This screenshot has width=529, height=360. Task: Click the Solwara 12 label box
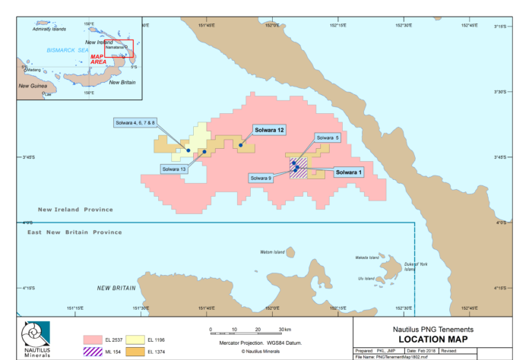tap(269, 131)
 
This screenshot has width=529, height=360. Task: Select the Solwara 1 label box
tap(350, 172)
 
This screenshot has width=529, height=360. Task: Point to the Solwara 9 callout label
tap(261, 178)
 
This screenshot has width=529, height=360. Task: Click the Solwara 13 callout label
tap(174, 169)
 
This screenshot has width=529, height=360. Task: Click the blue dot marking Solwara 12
tap(240, 145)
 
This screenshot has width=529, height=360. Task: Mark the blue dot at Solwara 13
tap(204, 153)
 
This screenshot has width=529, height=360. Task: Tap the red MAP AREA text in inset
tap(98, 58)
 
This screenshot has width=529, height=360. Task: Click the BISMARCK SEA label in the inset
tap(68, 49)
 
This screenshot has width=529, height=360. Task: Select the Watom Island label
tap(271, 251)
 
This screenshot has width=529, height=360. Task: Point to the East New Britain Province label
tap(74, 232)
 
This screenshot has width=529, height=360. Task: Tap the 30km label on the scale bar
tap(285, 330)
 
